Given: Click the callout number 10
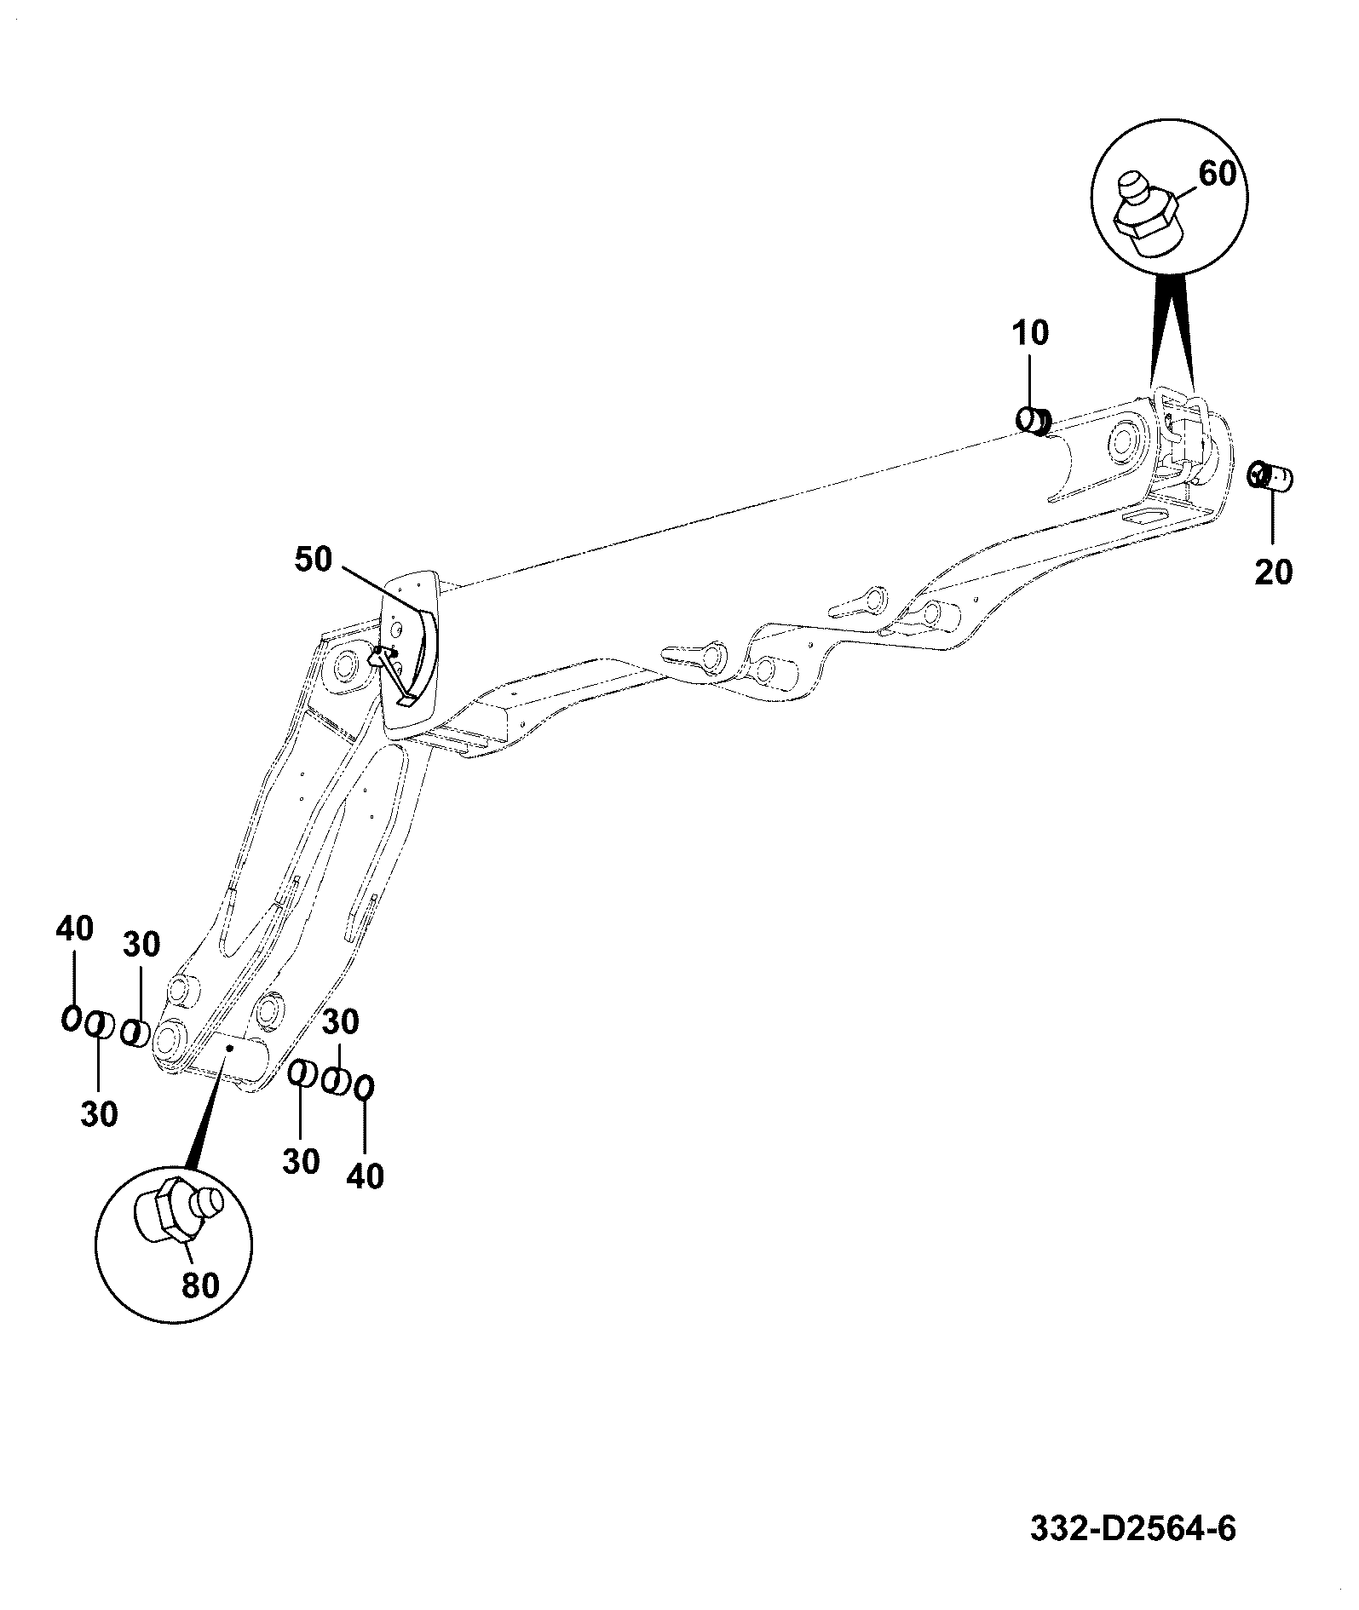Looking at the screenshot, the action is click(1031, 333).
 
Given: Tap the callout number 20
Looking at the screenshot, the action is click(1273, 572).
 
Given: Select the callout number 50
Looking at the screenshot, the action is click(314, 561).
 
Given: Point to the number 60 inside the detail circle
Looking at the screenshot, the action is click(1217, 174).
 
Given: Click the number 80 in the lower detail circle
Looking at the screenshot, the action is click(201, 1285).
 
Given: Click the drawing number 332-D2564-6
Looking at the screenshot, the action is click(1133, 1529).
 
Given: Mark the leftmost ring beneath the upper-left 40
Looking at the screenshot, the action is click(71, 1018).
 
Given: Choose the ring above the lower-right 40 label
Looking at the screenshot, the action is click(365, 1089).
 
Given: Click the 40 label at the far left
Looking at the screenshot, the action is click(74, 929).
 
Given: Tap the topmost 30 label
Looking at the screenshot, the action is click(141, 945).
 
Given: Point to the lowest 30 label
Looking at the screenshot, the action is click(301, 1162).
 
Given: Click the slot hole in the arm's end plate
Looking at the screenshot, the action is click(1143, 516).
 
